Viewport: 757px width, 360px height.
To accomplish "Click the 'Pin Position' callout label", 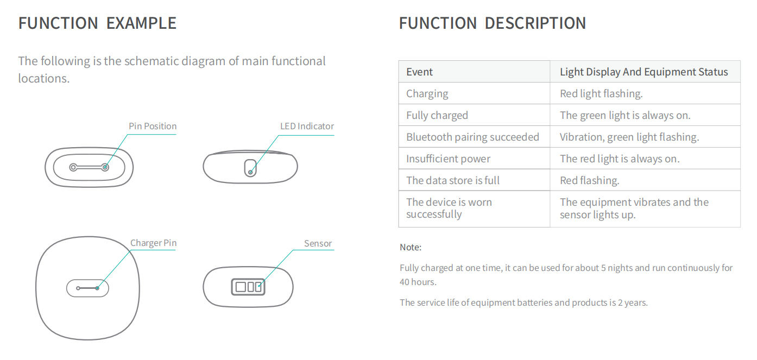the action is pyautogui.click(x=153, y=126).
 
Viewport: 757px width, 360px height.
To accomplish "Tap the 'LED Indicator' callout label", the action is pyautogui.click(x=307, y=126).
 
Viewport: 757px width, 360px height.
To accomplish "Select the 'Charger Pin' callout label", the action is pyautogui.click(x=154, y=243).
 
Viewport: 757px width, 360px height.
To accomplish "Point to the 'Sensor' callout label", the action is pyautogui.click(x=318, y=243).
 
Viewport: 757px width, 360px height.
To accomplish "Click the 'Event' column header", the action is pyautogui.click(x=419, y=72).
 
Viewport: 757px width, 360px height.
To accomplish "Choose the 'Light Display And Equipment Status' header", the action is pyautogui.click(x=644, y=72).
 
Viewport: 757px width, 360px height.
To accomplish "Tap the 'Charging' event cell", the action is pyautogui.click(x=427, y=93).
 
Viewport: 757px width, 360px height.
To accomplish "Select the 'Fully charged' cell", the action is pyautogui.click(x=437, y=115).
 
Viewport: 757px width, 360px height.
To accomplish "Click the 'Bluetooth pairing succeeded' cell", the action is pyautogui.click(x=472, y=137).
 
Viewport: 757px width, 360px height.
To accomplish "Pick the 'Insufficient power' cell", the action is pyautogui.click(x=448, y=159).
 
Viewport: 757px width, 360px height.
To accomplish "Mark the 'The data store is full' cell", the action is pyautogui.click(x=453, y=180).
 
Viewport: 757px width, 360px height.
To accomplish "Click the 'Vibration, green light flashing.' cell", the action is pyautogui.click(x=629, y=137).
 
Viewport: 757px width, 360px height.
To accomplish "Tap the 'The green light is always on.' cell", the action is pyautogui.click(x=625, y=115).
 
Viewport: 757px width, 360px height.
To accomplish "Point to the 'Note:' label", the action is pyautogui.click(x=411, y=247).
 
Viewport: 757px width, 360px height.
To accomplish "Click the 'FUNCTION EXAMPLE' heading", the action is pyautogui.click(x=97, y=23).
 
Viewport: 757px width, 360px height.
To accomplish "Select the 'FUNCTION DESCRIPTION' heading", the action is pyautogui.click(x=493, y=23).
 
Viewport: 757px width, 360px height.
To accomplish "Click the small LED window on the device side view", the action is pyautogui.click(x=250, y=168).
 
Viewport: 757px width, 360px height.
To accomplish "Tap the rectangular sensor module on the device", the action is pyautogui.click(x=248, y=287).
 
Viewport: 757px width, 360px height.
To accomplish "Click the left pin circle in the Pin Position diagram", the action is pyautogui.click(x=73, y=167).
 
